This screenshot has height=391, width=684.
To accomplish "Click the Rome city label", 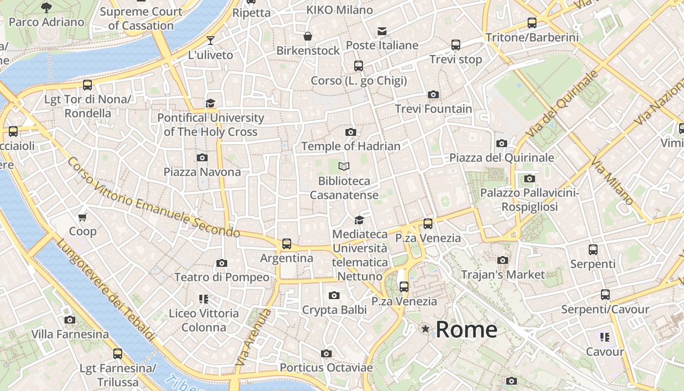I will point(466,329).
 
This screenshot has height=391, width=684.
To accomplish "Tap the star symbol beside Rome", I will point(426,329).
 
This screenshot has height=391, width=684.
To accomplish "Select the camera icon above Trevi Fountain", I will point(433,94).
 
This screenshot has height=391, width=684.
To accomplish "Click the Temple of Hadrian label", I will point(351,146).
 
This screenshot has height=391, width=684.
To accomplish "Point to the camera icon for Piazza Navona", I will point(202,157).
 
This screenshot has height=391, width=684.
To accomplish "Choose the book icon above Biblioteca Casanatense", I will point(344,167).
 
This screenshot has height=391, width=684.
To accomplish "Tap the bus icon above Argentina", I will point(287,243).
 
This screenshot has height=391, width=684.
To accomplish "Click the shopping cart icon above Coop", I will point(83,217).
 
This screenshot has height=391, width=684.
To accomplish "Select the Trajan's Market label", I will point(503,275).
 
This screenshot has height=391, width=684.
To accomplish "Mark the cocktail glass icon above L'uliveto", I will point(211,40).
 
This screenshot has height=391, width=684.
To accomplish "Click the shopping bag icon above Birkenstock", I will point(308,36).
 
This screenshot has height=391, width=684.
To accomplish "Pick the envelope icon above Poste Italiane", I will point(382,31).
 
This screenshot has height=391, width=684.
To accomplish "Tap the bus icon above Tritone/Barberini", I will point(532,22).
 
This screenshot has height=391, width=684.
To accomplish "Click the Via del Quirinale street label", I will point(562,104).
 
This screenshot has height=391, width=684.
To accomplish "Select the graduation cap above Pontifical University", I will point(210,103).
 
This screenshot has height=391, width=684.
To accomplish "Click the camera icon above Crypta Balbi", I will point(334,295).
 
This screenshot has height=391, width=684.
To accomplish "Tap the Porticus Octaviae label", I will point(326,368).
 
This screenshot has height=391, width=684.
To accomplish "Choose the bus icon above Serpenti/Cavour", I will point(605,295).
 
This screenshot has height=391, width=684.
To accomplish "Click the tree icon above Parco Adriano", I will point(46,7).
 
